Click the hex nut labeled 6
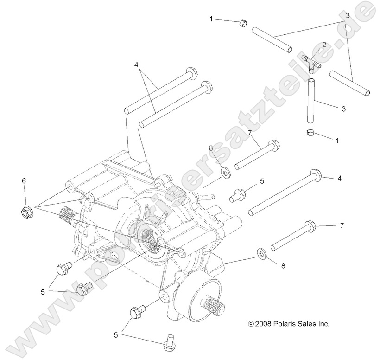pos(26,212)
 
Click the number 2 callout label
pos(324,45)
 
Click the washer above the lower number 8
pos(262,253)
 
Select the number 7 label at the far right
pos(342,225)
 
